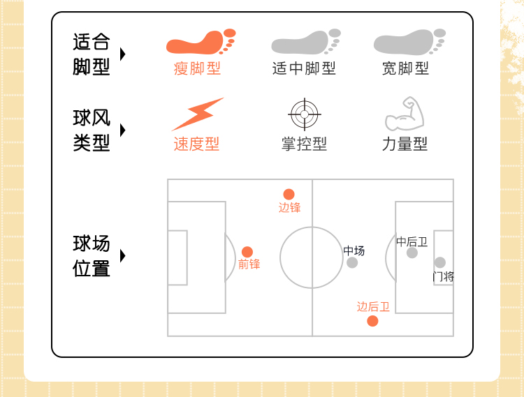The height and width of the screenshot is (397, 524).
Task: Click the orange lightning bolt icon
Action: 197,114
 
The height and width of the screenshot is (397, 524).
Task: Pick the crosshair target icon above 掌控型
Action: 304,114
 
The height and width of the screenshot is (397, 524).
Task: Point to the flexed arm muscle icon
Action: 405,114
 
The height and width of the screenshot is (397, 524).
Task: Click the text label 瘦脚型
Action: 197,68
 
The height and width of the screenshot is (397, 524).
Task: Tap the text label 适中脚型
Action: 304,68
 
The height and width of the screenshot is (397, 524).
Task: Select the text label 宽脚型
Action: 405,68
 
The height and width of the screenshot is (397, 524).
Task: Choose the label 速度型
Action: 196,144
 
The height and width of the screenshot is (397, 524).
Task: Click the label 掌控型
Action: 304,144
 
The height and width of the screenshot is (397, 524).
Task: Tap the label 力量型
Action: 405,144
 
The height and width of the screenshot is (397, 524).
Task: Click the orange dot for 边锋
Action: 289,194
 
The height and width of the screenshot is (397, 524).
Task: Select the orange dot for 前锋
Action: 247,252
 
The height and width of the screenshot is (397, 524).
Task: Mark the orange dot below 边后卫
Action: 372,321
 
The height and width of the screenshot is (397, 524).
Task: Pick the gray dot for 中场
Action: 352,262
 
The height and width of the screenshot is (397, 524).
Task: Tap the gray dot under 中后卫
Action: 412,253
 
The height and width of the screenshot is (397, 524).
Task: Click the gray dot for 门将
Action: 439,262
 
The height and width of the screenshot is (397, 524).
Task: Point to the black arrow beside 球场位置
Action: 123,255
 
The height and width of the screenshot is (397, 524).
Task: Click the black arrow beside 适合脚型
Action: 123,54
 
